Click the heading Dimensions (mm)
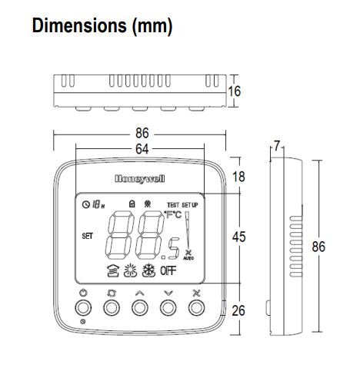pos(102,26)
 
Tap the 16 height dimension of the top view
pos(235,91)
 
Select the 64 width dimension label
pos(140,149)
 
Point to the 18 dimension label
pos(238,177)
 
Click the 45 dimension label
pos(238,237)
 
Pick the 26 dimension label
pos(238,310)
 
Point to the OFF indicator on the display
pos(168,270)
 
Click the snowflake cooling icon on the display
pos(147,270)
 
